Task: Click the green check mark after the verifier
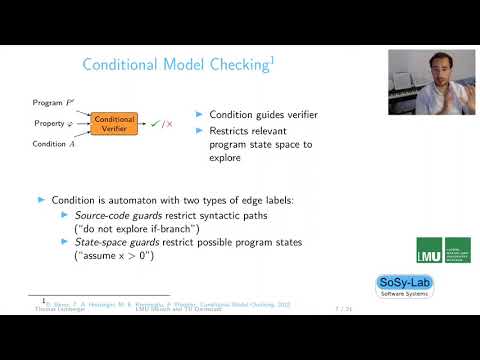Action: click(154, 124)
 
